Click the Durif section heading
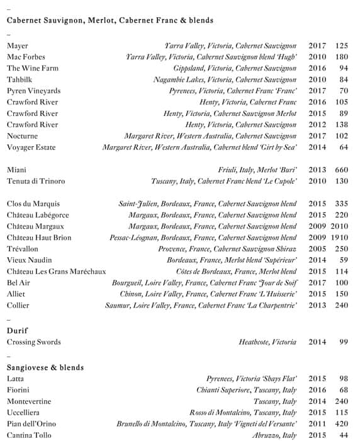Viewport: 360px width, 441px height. coord(18,330)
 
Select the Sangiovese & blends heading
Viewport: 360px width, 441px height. coord(45,367)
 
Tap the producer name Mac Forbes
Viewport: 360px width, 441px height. coord(26,57)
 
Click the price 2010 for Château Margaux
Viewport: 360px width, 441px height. coord(339,226)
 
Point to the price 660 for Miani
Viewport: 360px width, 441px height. coord(341,170)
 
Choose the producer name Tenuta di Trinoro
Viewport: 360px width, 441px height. coord(36,181)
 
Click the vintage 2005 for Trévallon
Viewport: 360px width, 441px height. coord(317,249)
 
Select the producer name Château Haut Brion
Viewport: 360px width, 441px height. coord(39,238)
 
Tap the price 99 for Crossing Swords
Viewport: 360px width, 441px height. coord(343,342)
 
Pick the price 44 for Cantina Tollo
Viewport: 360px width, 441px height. coord(343,435)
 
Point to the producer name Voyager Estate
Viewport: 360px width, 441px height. coord(31,147)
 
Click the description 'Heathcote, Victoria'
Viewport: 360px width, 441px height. coord(267,342)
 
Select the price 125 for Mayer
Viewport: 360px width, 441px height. coord(341,46)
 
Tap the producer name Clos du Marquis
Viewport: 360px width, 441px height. coord(33,203)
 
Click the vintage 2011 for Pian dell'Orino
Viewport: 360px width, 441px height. coord(317,424)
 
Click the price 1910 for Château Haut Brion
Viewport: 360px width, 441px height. coord(339,238)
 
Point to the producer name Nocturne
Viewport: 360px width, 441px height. coord(23,136)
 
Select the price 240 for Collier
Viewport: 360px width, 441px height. coord(341,306)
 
